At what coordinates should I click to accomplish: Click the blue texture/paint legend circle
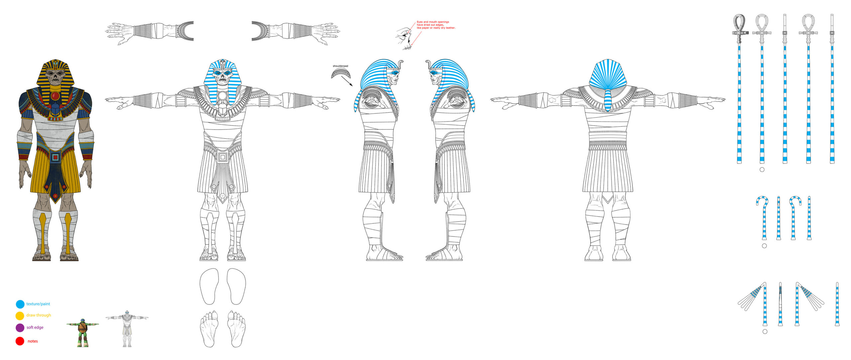[x=20, y=304]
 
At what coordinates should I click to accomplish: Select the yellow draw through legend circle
[x=20, y=315]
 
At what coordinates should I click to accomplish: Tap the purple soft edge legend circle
[x=20, y=328]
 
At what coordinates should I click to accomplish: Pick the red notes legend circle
[x=20, y=341]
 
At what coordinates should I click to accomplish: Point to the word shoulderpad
[x=340, y=66]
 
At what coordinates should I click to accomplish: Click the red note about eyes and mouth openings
[x=436, y=25]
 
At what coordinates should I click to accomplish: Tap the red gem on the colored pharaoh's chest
[x=56, y=96]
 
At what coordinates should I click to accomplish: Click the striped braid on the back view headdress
[x=607, y=100]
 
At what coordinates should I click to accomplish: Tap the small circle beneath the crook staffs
[x=764, y=246]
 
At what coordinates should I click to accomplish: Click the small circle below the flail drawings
[x=765, y=332]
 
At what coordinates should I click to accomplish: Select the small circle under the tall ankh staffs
[x=762, y=170]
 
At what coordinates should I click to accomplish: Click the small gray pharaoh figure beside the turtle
[x=127, y=329]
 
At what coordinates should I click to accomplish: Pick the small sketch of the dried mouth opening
[x=404, y=39]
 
